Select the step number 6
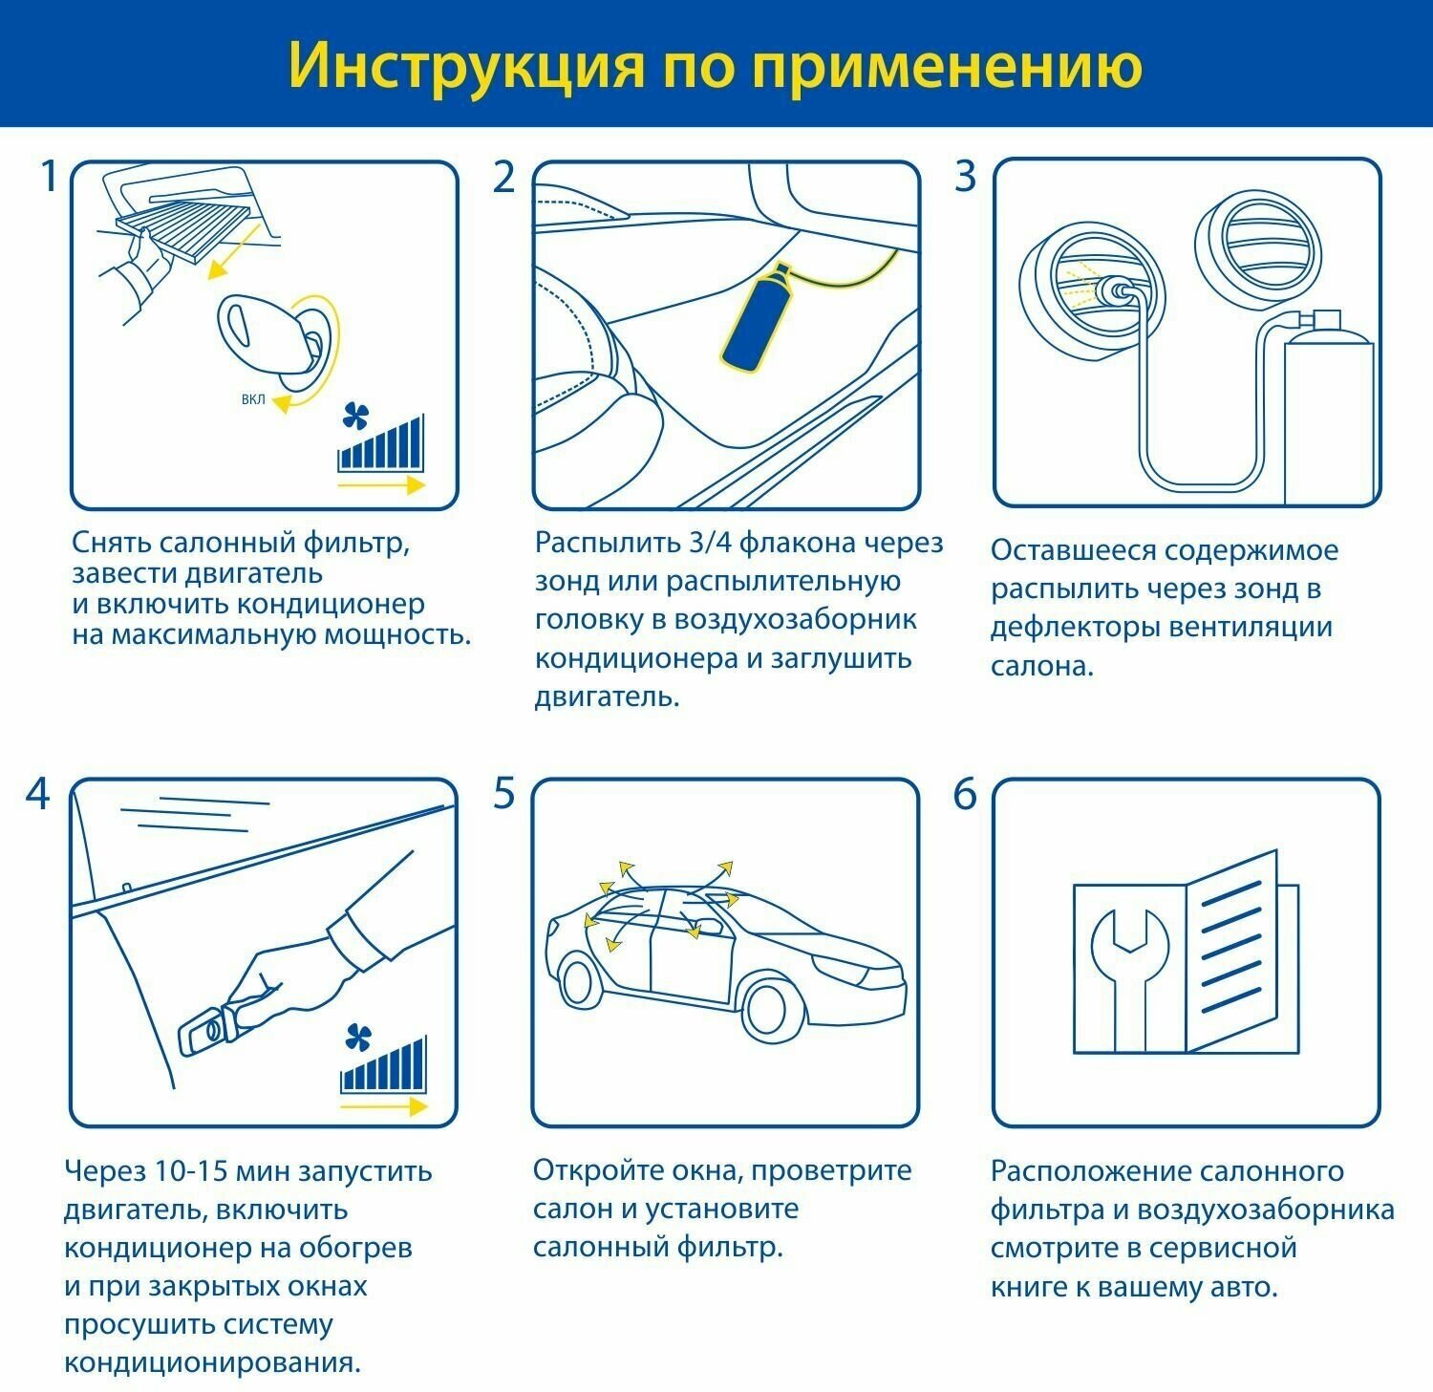click(965, 795)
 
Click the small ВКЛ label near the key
click(253, 399)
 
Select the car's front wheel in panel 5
click(773, 1007)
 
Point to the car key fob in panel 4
click(205, 1030)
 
